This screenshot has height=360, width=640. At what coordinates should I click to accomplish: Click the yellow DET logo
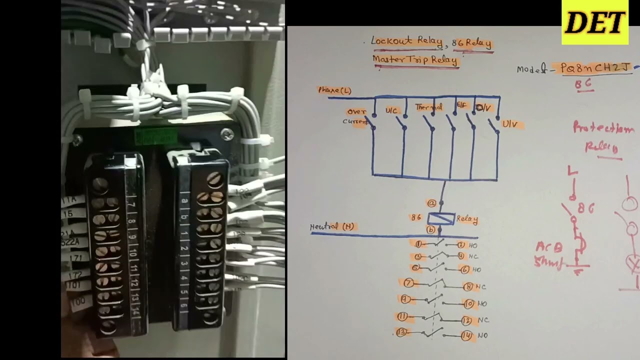click(x=594, y=22)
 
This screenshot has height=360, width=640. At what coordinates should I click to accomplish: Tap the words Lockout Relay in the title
click(x=406, y=41)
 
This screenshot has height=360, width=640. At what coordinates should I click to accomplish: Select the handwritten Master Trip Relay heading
click(x=415, y=60)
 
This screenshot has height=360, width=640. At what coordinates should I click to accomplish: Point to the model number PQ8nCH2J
click(x=595, y=68)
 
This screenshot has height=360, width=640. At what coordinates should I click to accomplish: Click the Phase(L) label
click(x=334, y=90)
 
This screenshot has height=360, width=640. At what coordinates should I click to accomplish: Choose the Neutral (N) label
click(x=332, y=226)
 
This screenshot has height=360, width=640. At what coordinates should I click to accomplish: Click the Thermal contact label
click(x=428, y=107)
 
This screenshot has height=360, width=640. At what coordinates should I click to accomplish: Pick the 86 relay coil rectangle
click(x=441, y=218)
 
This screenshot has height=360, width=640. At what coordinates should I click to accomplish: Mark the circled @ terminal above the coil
click(x=431, y=203)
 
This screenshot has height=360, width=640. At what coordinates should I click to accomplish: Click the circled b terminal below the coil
click(x=430, y=229)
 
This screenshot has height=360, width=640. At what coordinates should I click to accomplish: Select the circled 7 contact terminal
click(x=408, y=283)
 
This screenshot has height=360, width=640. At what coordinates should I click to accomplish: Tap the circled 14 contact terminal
click(x=466, y=335)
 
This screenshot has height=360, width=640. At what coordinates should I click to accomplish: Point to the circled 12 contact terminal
click(x=466, y=320)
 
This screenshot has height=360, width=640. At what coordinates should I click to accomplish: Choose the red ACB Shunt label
click(x=549, y=254)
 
